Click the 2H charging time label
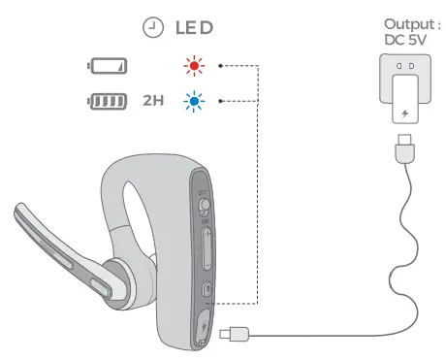coord(153,99)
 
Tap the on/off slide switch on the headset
coord(205,206)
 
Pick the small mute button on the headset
coord(207,289)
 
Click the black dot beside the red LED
coord(221,67)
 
